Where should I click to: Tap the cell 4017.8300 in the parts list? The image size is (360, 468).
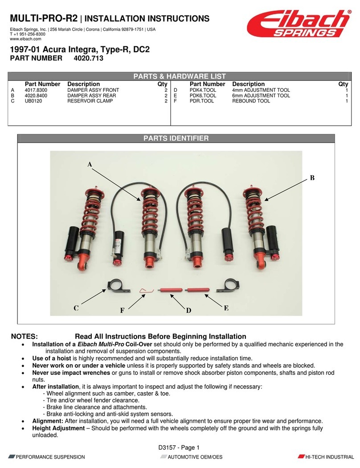(x=36, y=90)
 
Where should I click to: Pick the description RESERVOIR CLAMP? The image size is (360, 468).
(x=90, y=101)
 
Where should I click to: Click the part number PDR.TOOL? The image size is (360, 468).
(x=202, y=101)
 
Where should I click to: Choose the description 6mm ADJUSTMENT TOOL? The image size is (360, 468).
(x=261, y=95)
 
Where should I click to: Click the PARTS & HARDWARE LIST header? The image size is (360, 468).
(x=180, y=76)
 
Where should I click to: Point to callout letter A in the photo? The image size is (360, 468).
(x=89, y=164)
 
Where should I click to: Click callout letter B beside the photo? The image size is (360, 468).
(x=312, y=178)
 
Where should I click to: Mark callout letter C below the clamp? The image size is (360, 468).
(x=76, y=308)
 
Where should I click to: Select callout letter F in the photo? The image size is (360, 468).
(x=122, y=311)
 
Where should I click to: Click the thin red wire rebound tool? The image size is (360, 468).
(x=146, y=291)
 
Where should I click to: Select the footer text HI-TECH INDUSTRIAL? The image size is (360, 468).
(x=329, y=457)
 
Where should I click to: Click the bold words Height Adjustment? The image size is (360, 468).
(x=58, y=428)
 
